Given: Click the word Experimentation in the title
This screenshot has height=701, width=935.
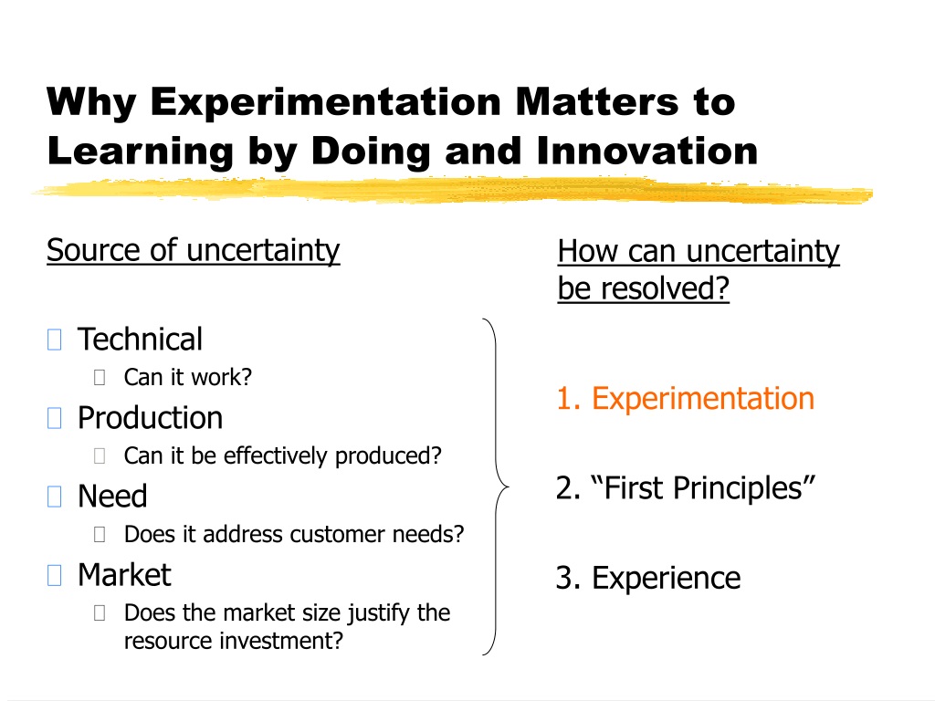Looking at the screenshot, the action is pos(326,103).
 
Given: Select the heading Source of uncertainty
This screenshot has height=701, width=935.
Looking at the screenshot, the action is pos(194,250).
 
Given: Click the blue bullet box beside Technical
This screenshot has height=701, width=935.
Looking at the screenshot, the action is pos(54,340).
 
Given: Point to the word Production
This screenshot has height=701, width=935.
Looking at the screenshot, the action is pos(151,418).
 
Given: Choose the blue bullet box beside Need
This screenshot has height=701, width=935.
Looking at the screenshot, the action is pos(54,497).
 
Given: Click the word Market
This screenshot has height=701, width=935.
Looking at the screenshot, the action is pos(124,575).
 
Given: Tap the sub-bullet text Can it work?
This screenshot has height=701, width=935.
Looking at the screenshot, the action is pos(188,377).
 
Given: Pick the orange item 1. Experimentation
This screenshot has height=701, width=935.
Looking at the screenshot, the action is pos(685,398).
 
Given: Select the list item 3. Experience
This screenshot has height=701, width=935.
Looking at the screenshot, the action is pos(648,578).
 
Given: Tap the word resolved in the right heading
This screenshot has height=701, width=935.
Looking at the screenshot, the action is pos(665,288).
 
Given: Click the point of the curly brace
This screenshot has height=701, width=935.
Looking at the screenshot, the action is pos(509,487).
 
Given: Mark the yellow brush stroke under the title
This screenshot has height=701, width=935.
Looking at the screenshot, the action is pos(453,191).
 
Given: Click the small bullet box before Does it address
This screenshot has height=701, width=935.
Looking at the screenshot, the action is pos(100,534).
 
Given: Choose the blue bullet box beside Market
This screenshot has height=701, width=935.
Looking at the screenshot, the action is pos(54,575).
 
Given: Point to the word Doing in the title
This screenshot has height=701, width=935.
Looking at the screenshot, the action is pos(371,152).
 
